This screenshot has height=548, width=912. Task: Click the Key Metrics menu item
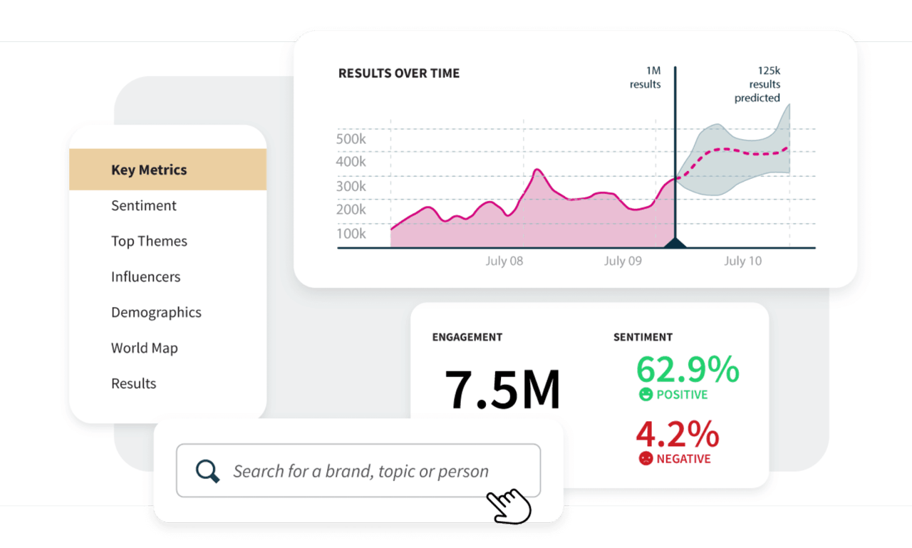(149, 170)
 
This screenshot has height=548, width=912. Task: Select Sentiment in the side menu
(144, 205)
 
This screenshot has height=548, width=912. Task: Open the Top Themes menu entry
(149, 241)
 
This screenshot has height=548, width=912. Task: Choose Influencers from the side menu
(145, 276)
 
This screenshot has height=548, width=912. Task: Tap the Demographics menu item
(156, 312)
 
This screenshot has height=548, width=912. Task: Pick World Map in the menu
(145, 348)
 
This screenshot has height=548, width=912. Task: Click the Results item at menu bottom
(133, 383)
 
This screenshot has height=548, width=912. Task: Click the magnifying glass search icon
(207, 470)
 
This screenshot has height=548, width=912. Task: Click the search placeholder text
(361, 471)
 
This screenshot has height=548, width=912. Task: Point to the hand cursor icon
(509, 505)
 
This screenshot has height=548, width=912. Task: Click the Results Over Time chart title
(399, 73)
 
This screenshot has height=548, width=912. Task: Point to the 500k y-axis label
(351, 138)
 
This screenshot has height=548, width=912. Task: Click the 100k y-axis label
(351, 233)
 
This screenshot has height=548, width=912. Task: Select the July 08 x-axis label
(504, 261)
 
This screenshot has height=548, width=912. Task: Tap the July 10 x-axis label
(742, 261)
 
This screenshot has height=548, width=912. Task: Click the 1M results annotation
(645, 78)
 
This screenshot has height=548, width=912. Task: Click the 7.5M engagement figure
(502, 389)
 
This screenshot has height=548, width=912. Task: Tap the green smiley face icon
(646, 394)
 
